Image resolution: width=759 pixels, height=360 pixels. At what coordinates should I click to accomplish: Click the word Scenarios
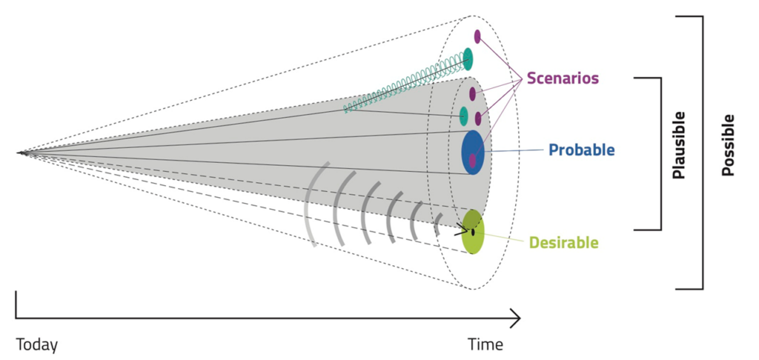(x=563, y=78)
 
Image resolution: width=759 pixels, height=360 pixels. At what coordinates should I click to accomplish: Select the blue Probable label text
(x=581, y=150)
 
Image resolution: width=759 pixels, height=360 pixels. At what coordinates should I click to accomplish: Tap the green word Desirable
(x=563, y=242)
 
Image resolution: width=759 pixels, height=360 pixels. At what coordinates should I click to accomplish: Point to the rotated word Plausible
(x=679, y=144)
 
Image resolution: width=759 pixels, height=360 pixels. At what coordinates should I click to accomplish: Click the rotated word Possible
(x=728, y=145)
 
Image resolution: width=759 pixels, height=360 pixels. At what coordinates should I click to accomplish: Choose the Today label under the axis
(x=37, y=345)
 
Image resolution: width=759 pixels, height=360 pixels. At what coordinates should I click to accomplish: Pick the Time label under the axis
(x=485, y=344)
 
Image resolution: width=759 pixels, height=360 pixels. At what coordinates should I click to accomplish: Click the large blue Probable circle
(x=472, y=153)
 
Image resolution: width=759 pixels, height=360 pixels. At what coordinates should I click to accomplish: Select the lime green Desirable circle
(x=472, y=232)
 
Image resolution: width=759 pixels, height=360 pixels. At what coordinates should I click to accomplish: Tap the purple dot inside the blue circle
(x=472, y=161)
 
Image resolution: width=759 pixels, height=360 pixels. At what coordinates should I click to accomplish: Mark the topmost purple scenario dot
(x=477, y=37)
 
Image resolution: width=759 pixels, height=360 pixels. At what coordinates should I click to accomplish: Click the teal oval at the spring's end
(x=468, y=59)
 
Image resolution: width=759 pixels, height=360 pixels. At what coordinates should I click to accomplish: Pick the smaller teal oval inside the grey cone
(x=464, y=116)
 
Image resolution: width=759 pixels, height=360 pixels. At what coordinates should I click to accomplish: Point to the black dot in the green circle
(x=473, y=233)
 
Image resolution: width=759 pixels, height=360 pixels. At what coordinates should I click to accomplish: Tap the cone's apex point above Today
(x=21, y=153)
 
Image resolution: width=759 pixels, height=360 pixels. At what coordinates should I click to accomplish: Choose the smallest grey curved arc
(x=439, y=224)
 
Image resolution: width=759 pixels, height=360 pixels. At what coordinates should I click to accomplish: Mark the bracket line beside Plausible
(x=660, y=153)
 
